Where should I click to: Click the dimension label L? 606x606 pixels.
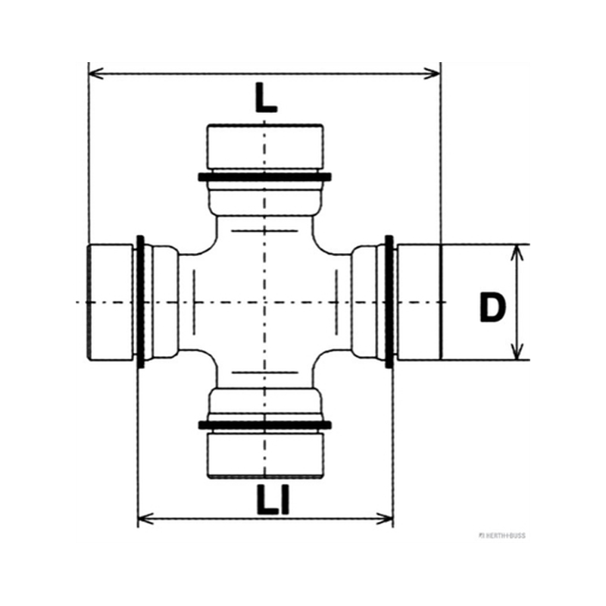266,98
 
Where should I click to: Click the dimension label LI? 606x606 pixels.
273,501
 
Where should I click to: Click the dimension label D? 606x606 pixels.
492,308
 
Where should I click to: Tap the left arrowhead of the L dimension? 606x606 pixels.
96,73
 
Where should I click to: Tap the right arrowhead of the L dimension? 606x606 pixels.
432,73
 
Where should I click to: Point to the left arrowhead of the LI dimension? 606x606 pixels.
145,519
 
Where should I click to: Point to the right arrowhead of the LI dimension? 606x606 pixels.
385,519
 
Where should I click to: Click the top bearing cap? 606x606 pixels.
265,147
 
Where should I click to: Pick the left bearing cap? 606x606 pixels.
111,302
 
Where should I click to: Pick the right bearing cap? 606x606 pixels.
420,302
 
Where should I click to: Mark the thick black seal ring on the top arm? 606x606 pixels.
264,177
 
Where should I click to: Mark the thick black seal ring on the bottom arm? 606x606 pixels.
264,425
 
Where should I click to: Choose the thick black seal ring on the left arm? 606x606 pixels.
141,301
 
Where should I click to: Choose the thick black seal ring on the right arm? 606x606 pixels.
389,301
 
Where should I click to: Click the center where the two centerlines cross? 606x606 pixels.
264,302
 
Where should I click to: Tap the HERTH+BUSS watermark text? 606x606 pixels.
502,536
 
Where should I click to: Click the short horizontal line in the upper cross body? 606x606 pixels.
264,231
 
